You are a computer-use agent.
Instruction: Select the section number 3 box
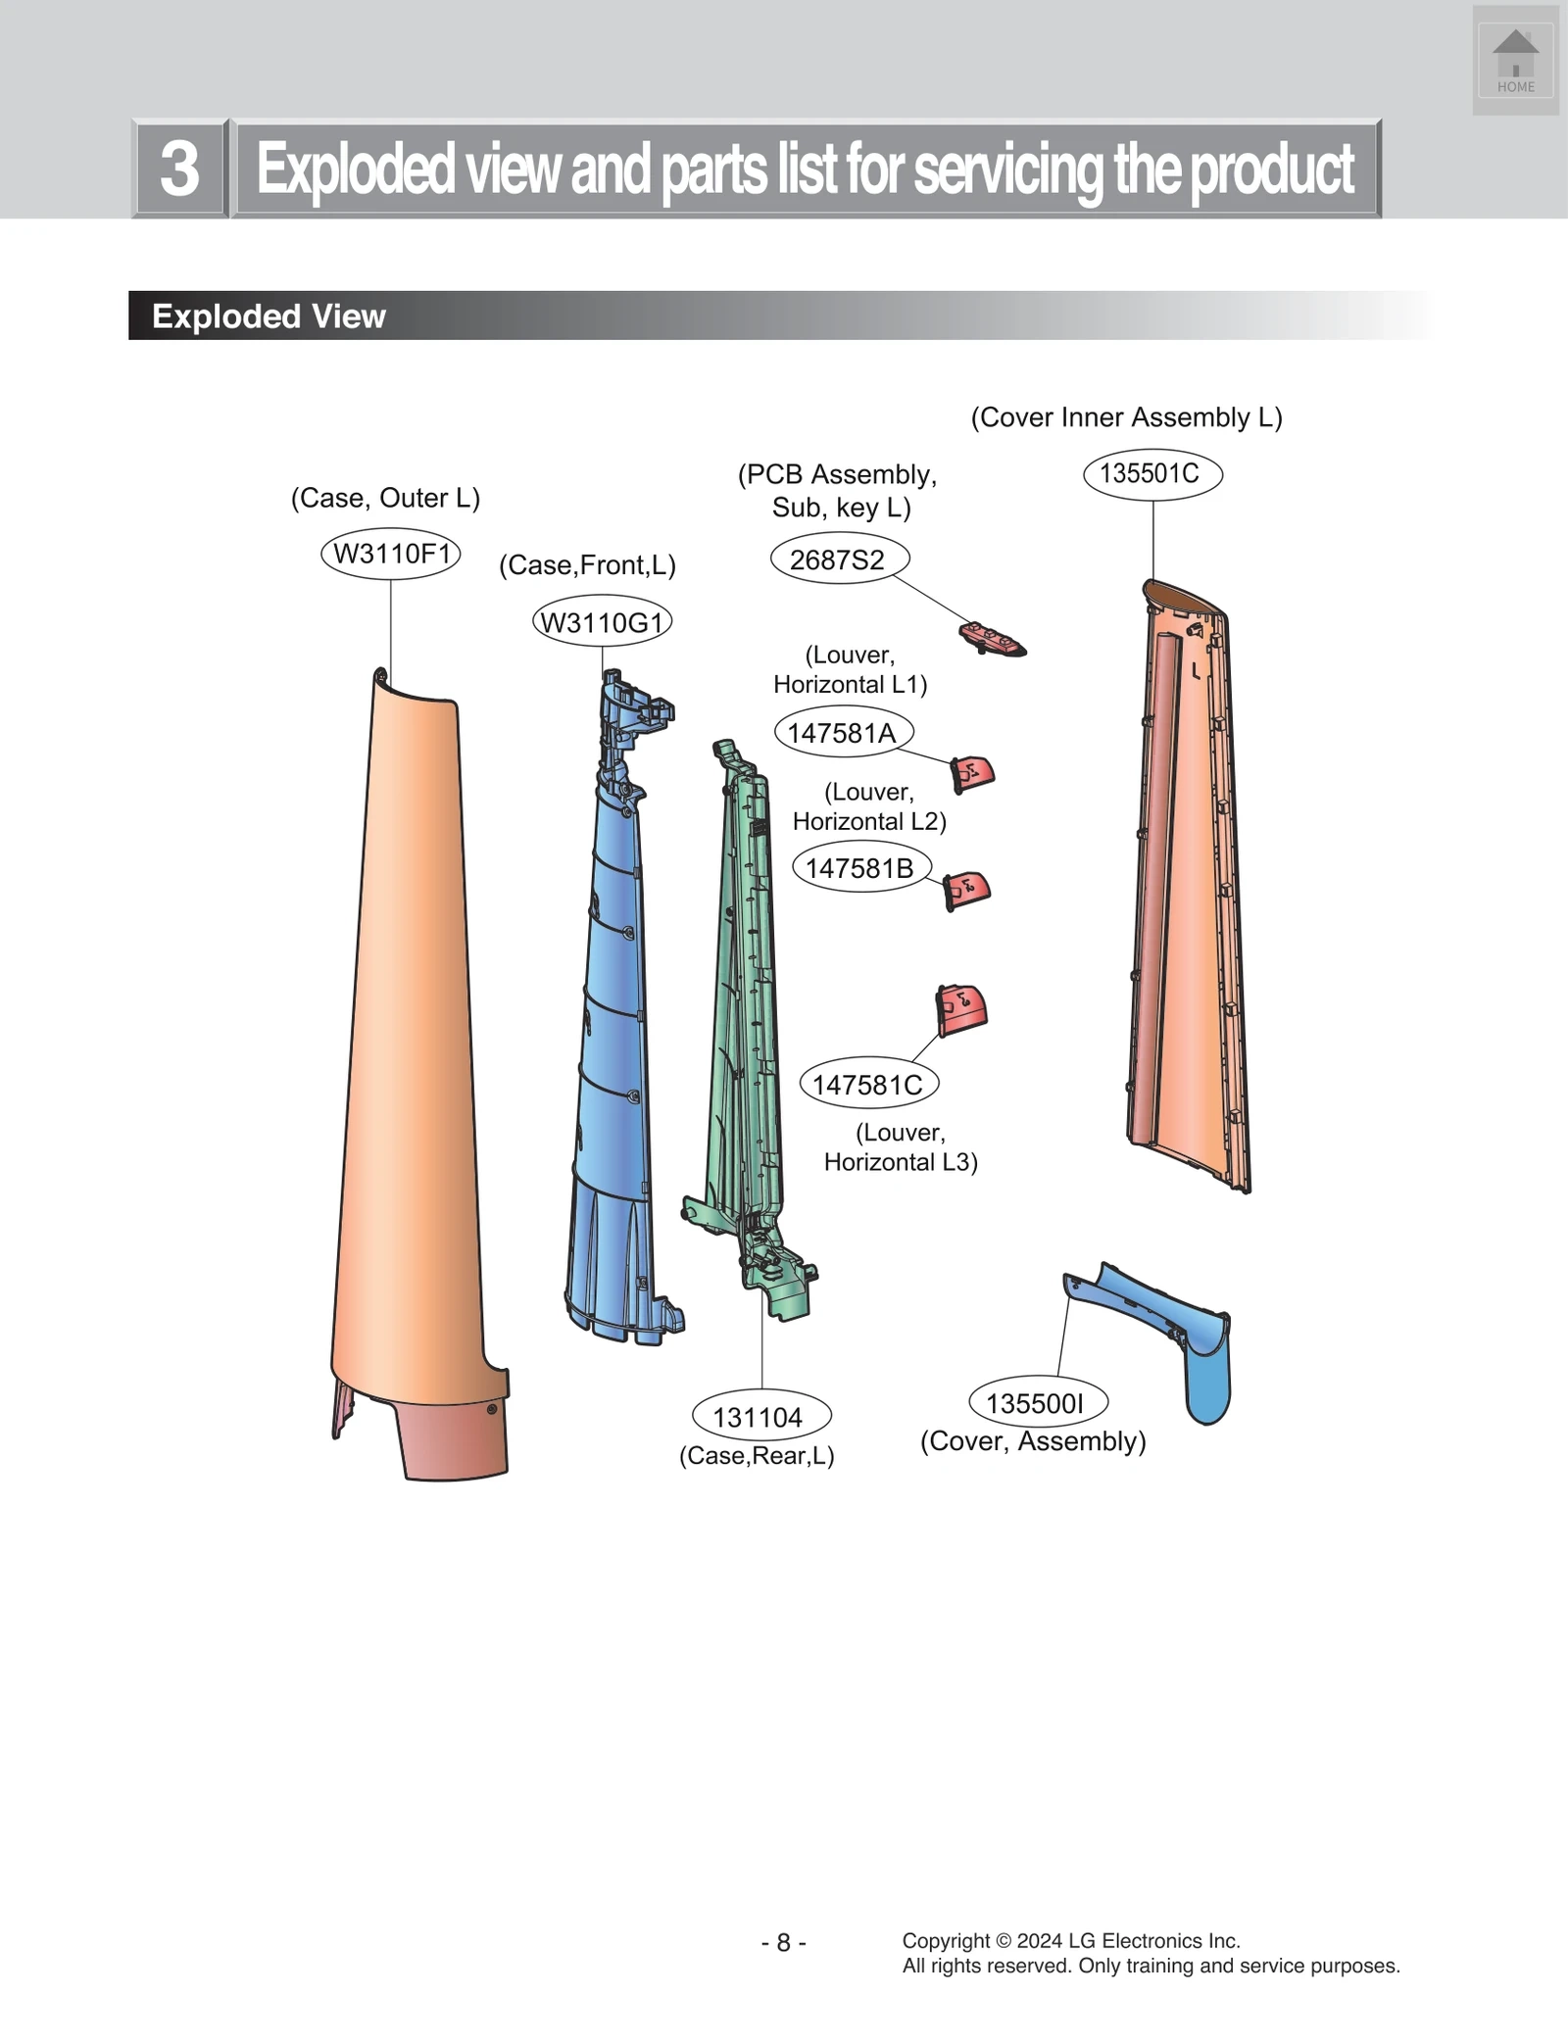pyautogui.click(x=179, y=169)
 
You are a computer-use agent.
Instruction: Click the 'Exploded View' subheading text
pyautogui.click(x=269, y=316)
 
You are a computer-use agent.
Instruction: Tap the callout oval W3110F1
pyautogui.click(x=391, y=555)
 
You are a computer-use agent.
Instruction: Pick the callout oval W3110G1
pyautogui.click(x=602, y=622)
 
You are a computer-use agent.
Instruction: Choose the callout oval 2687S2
pyautogui.click(x=839, y=560)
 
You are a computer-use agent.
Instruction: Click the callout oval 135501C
pyautogui.click(x=1151, y=474)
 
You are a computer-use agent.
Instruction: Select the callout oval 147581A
pyautogui.click(x=843, y=733)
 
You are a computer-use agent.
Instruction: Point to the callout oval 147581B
pyautogui.click(x=860, y=868)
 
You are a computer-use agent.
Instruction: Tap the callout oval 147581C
pyautogui.click(x=868, y=1085)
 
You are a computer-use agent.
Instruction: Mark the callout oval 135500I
pyautogui.click(x=1037, y=1403)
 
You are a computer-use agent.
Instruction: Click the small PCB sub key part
pyautogui.click(x=991, y=638)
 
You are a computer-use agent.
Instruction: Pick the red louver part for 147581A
pyautogui.click(x=972, y=774)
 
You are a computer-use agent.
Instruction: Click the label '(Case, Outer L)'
pyautogui.click(x=385, y=498)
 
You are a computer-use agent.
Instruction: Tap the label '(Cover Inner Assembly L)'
pyautogui.click(x=1126, y=417)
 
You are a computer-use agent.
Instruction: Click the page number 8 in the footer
pyautogui.click(x=783, y=1942)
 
